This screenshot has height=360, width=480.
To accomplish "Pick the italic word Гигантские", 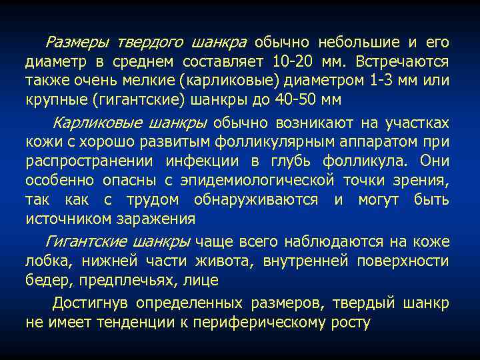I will coord(82,241).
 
